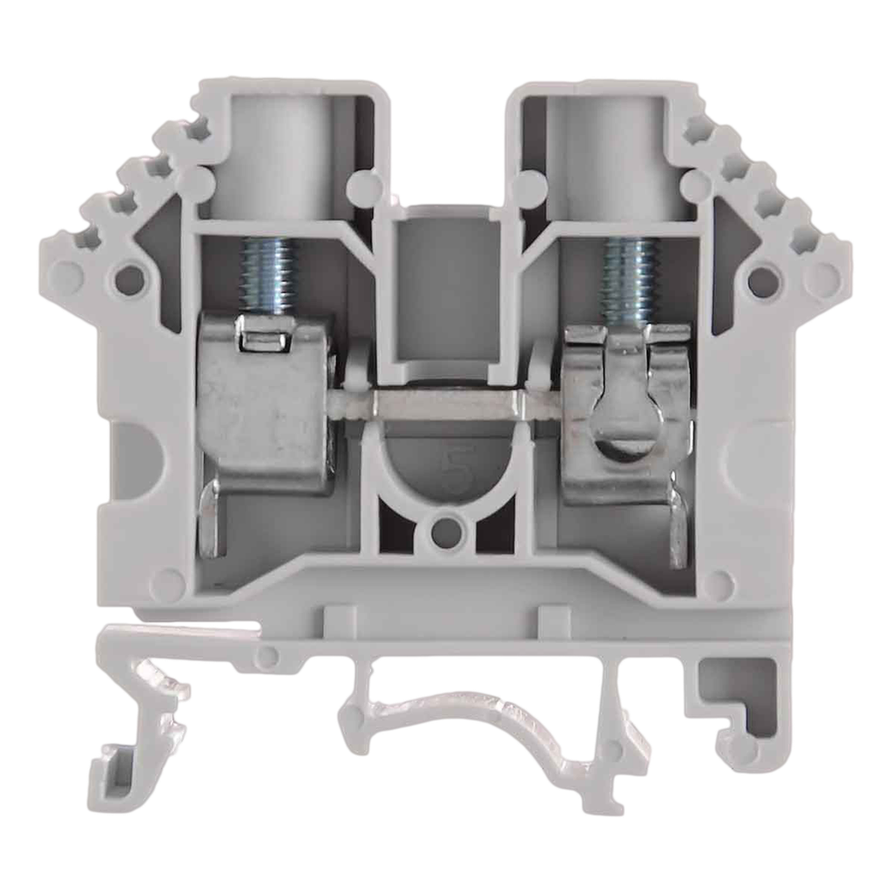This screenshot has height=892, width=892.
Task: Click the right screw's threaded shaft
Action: pos(626,274)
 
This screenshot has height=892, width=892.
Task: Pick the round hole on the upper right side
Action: pos(761,280)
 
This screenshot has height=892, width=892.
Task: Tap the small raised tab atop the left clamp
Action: pos(264,335)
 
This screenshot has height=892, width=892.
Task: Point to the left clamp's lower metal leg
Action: pos(212,523)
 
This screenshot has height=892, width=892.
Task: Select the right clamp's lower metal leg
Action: pos(677,527)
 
